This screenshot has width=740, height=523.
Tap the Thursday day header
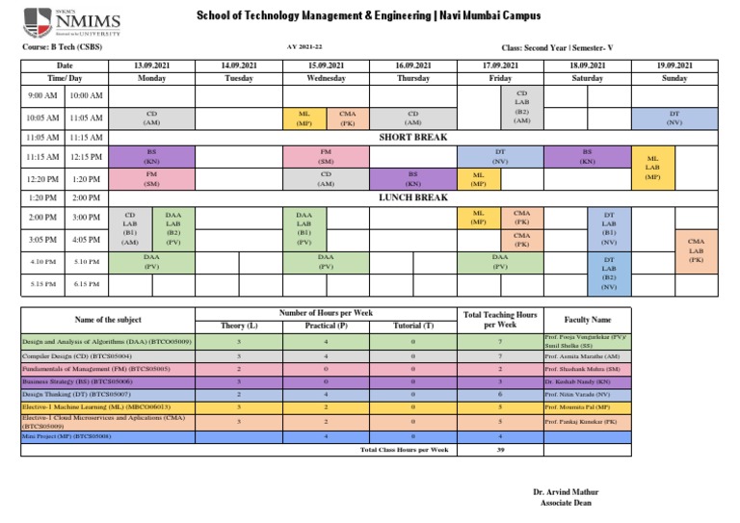tap(412, 78)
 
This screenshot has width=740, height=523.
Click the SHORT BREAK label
tap(412, 138)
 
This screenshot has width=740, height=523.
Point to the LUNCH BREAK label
tap(412, 197)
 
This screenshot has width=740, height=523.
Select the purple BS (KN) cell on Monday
tap(151, 156)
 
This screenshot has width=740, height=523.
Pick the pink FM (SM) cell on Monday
tap(151, 179)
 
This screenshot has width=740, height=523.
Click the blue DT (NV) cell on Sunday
tap(674, 118)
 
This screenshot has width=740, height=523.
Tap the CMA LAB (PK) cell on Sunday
tap(697, 249)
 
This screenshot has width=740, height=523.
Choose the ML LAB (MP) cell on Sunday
tap(652, 168)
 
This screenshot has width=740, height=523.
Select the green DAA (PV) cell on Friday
tap(499, 262)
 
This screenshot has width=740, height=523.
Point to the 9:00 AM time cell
tap(42, 96)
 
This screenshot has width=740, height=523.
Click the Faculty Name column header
tap(589, 319)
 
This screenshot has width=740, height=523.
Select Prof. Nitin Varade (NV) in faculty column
tap(578, 394)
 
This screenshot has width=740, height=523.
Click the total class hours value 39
tap(500, 450)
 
